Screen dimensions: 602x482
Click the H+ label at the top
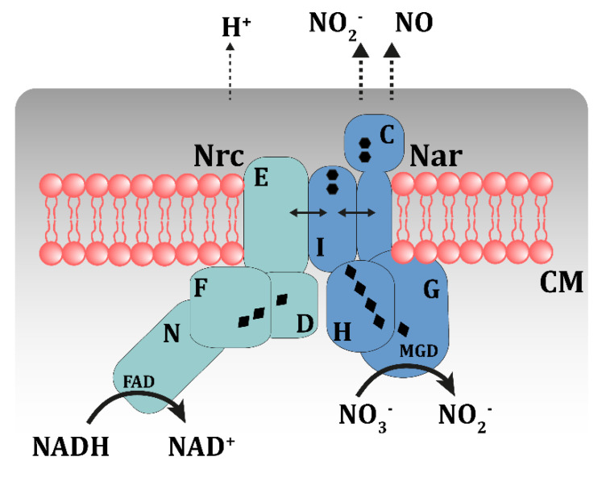tap(236, 27)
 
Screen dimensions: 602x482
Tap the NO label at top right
tap(414, 23)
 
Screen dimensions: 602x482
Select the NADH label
tap(71, 446)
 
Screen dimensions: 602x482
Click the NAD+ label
tap(201, 446)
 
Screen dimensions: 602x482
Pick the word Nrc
tap(219, 155)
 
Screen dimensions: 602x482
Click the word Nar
tap(436, 156)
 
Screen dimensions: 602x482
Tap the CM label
tap(562, 282)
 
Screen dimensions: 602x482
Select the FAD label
tap(139, 382)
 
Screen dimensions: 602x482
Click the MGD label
tap(418, 351)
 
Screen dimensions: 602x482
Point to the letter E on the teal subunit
tap(261, 178)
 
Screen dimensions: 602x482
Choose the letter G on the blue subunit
tap(431, 289)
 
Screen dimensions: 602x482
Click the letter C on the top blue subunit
tap(387, 135)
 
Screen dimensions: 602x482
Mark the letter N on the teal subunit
tap(172, 333)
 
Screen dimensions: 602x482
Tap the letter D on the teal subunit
tap(305, 324)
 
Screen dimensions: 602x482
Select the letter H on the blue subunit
tap(342, 332)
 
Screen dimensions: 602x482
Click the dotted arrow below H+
tap(230, 72)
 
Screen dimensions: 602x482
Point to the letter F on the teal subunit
tap(201, 287)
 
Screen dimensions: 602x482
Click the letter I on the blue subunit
tap(321, 247)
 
